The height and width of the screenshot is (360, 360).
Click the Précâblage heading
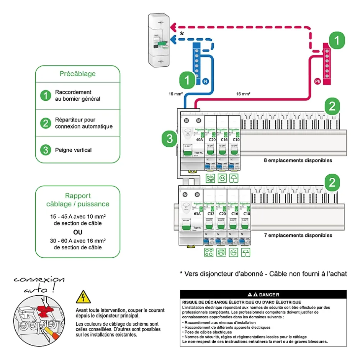point(77,74)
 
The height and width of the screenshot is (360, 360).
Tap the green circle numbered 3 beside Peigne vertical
point(46,150)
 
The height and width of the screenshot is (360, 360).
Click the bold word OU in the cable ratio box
point(78,232)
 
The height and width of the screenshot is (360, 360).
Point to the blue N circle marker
point(205,81)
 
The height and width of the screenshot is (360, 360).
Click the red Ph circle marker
point(317,81)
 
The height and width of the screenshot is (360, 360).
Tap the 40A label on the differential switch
point(199,140)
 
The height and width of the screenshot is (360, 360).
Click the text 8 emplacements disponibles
point(298,160)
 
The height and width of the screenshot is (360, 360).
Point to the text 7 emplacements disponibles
point(298,235)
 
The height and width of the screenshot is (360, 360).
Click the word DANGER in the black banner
point(269,295)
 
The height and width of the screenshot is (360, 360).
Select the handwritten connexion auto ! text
point(38,285)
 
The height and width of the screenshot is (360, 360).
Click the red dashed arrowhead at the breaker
point(173,27)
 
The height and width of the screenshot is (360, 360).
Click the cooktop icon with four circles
point(209,252)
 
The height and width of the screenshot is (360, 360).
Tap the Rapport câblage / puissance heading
point(78,200)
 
